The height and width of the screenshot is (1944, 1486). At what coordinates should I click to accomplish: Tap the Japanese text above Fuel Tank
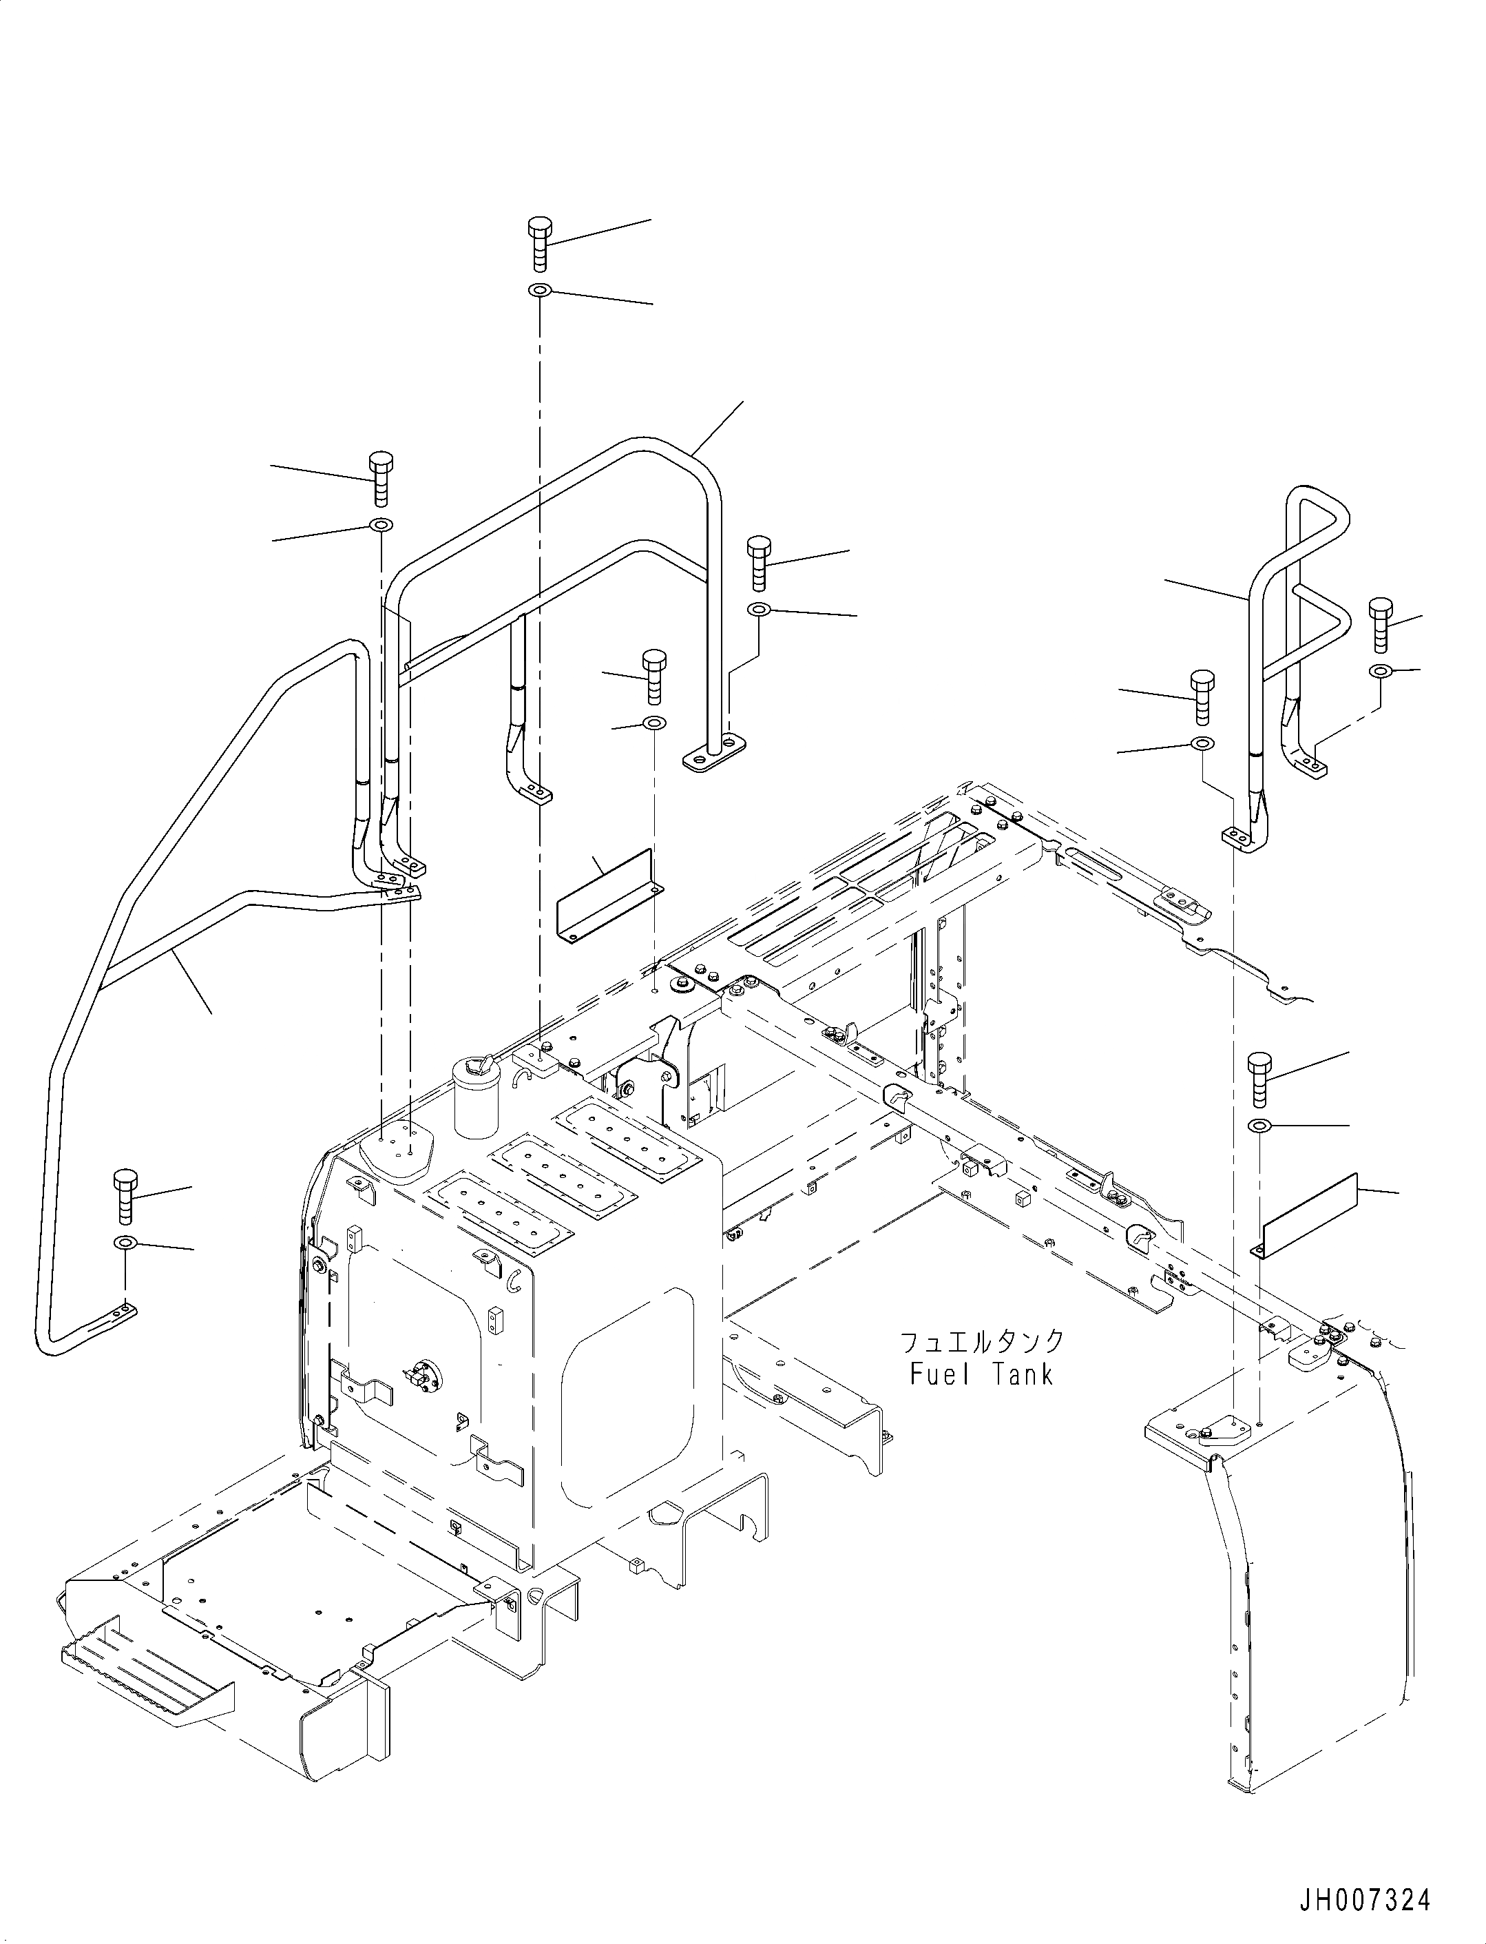982,1366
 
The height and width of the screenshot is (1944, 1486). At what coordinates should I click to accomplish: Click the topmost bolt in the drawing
538,242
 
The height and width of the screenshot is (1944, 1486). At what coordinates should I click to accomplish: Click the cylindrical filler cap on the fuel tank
477,1095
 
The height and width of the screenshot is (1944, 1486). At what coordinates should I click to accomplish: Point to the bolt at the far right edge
1380,625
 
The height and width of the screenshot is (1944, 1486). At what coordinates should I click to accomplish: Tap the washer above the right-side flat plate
1259,1126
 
